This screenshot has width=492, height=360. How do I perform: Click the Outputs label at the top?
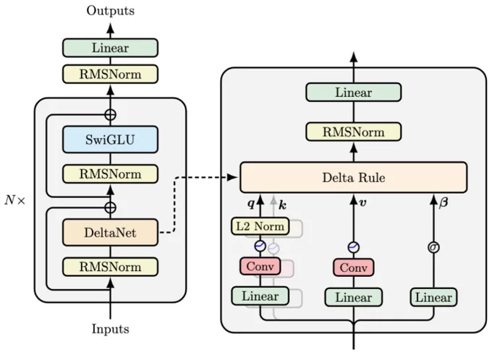click(x=110, y=10)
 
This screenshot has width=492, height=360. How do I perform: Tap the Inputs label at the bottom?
click(x=110, y=329)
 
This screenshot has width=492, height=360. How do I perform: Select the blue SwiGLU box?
click(x=110, y=139)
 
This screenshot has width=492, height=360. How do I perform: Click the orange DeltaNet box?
click(x=110, y=233)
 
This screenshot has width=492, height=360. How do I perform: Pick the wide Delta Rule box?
click(x=353, y=177)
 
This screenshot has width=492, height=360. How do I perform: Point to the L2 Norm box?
click(x=260, y=227)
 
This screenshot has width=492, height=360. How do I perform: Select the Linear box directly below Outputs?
click(x=110, y=48)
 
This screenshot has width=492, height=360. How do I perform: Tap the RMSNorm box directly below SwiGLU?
click(x=110, y=174)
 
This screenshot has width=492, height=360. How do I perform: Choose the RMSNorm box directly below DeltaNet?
click(x=110, y=267)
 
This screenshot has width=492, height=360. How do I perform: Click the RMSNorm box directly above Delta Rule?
click(x=353, y=132)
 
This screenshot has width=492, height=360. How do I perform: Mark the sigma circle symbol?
click(x=434, y=248)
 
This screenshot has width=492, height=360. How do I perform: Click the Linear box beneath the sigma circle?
click(x=434, y=297)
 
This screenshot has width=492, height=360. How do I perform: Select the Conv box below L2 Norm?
click(x=259, y=266)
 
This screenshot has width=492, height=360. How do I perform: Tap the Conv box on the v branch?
click(x=353, y=267)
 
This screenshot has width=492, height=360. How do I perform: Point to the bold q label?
click(x=251, y=205)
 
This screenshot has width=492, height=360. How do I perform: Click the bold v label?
click(x=362, y=205)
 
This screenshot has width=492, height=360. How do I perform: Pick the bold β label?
click(x=444, y=205)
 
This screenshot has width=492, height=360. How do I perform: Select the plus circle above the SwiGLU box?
click(x=110, y=114)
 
